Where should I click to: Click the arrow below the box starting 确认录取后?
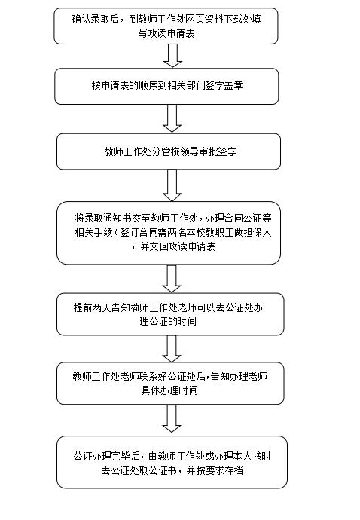pos(172,56)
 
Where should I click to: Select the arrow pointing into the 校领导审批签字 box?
pos(172,119)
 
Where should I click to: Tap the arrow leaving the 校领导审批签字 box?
pos(172,185)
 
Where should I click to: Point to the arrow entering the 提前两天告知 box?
pos(172,279)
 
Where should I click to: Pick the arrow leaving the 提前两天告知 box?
pos(172,348)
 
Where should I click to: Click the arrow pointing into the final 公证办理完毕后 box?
pos(172,418)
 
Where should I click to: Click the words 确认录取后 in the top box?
pos(96,19)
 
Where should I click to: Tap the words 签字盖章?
pos(224,85)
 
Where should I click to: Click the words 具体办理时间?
pos(169,390)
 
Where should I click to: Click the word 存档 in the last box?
pos(234,470)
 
